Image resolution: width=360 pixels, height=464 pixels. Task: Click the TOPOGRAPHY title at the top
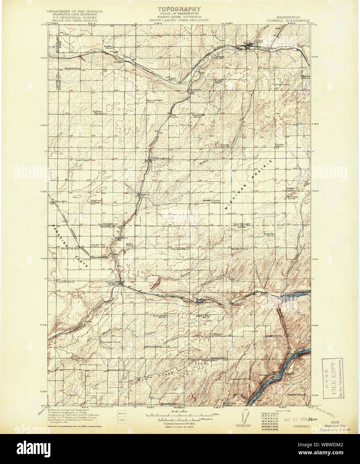click(x=179, y=9)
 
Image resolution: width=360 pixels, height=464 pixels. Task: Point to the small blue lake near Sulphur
click(x=198, y=300)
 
